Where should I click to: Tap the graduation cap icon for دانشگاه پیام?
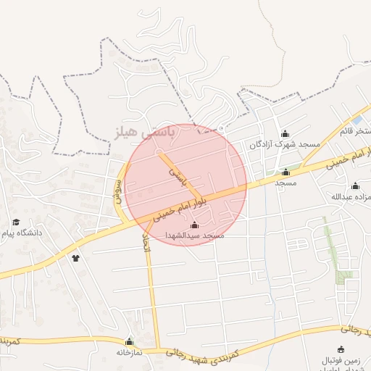[16, 222]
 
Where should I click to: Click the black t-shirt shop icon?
[75, 257]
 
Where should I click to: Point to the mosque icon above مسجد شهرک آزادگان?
[285, 133]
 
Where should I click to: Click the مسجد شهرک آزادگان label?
[285, 144]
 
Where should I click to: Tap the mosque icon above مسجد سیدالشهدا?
[193, 225]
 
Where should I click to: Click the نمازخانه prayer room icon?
[130, 341]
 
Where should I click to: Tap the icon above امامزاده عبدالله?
[356, 185]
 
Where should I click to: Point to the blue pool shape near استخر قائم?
[357, 120]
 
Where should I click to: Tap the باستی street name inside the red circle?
[178, 175]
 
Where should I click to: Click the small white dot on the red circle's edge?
[221, 129]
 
